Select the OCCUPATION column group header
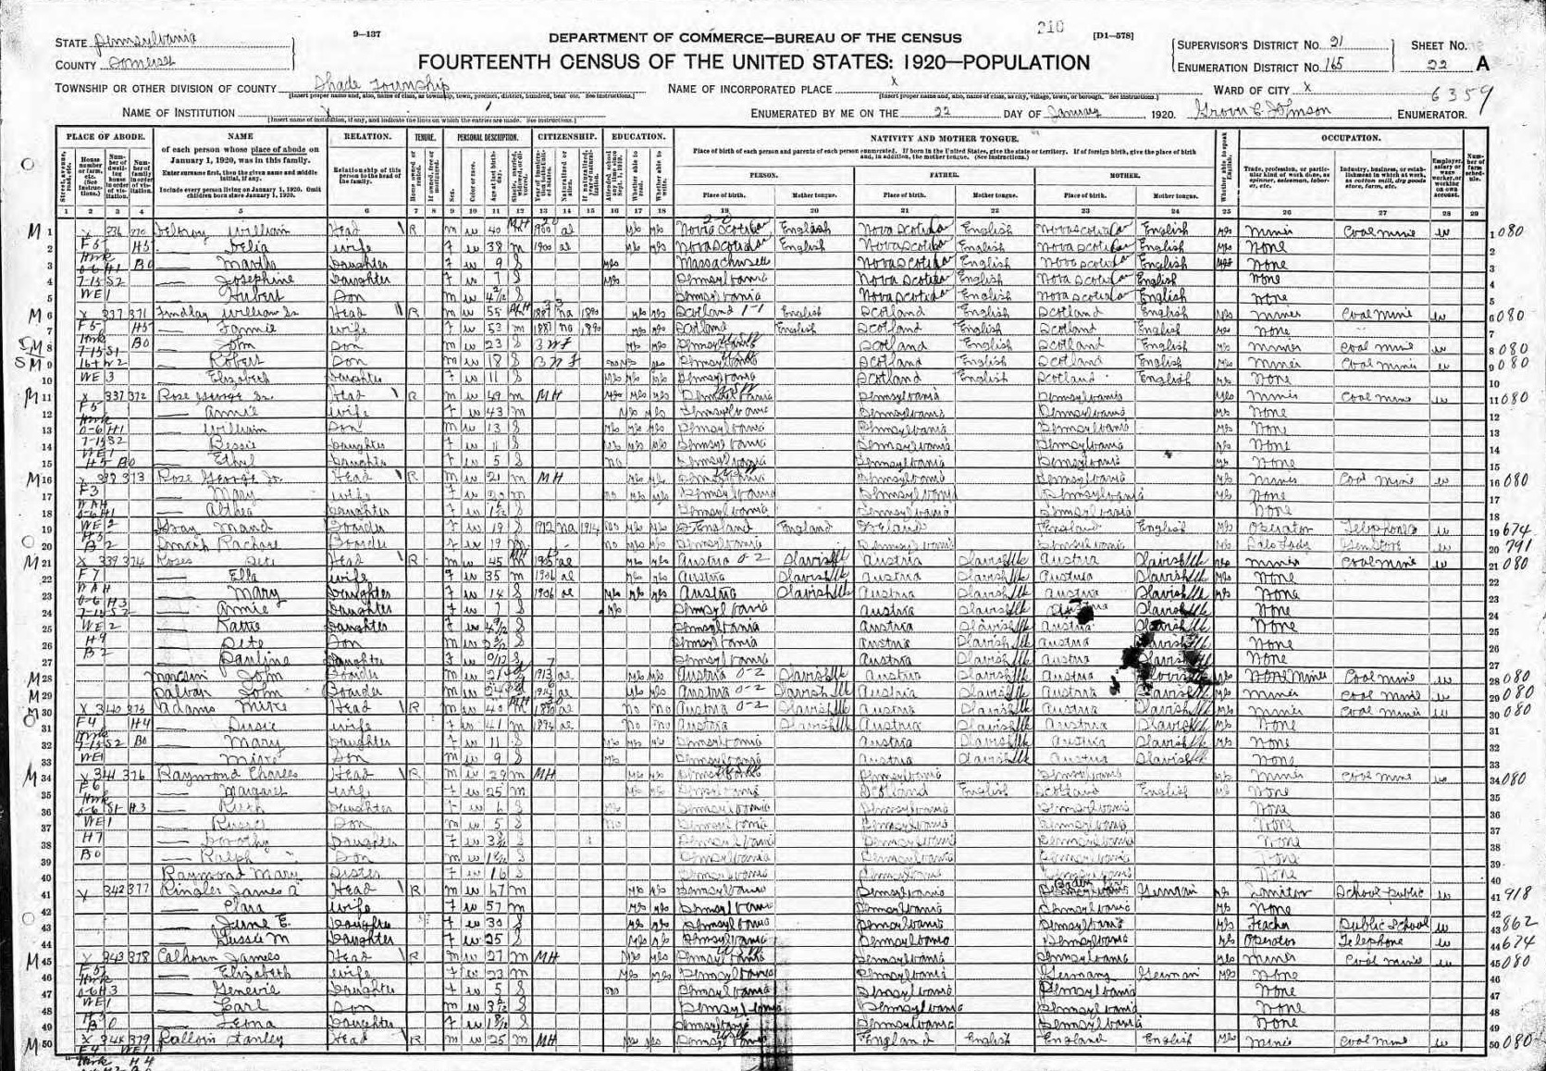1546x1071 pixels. (1352, 137)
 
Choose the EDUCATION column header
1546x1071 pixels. (638, 136)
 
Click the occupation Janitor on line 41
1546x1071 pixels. (1273, 892)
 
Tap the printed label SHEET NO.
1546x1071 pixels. (1438, 45)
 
